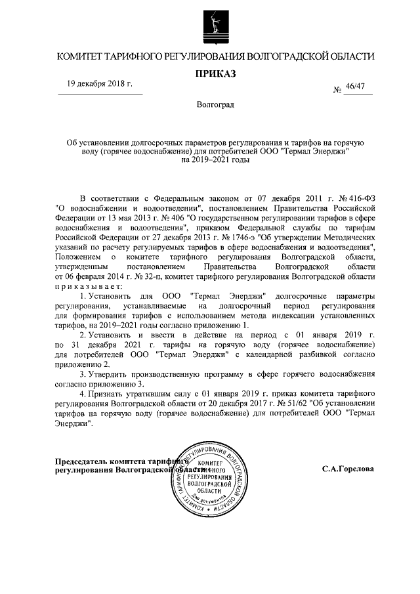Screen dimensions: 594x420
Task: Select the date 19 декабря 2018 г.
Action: coord(100,84)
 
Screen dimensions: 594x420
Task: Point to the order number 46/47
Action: coord(363,87)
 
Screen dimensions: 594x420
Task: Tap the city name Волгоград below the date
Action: coord(215,105)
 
